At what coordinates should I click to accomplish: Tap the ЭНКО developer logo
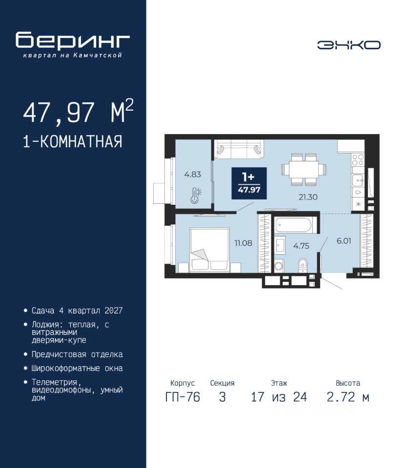348,45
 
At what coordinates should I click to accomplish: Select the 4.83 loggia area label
192,175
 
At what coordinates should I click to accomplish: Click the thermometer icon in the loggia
196,195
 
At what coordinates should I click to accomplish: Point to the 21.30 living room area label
308,197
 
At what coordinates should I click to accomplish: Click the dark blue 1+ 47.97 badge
249,183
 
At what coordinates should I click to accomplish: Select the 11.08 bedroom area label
243,243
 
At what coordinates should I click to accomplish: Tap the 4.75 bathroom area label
301,246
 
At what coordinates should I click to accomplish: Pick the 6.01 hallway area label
344,241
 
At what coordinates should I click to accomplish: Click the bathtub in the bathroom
294,225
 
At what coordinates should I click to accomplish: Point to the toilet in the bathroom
303,265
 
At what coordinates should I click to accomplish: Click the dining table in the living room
304,170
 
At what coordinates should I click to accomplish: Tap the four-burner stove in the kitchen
358,160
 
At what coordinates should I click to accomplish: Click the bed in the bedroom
209,250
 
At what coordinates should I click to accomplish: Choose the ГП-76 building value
183,397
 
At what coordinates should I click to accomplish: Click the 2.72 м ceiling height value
348,397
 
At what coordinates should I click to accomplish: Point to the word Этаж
279,383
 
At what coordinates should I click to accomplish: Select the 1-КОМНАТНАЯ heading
73,141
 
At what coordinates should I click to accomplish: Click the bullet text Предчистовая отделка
77,354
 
